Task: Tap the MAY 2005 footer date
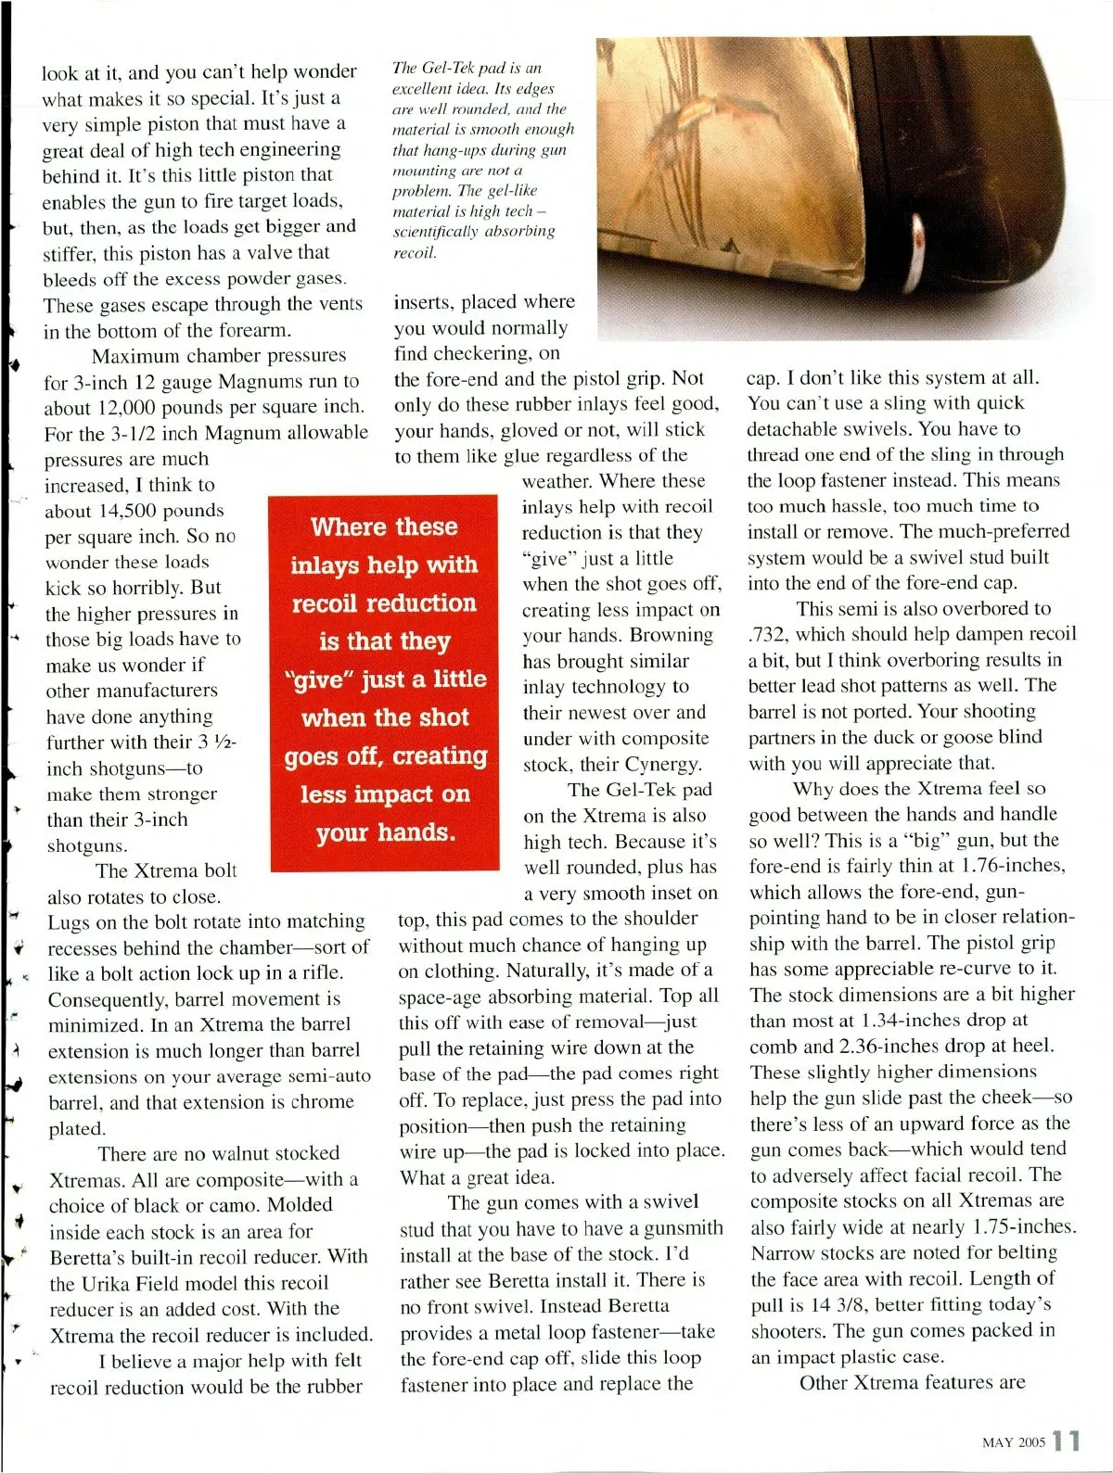(1013, 1442)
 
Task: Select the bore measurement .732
(770, 634)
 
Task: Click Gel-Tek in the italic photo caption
(449, 69)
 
